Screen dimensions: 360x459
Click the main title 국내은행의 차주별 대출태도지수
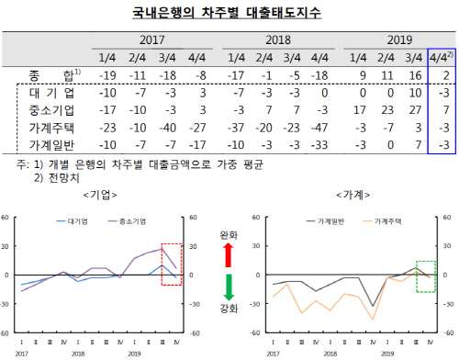click(x=229, y=12)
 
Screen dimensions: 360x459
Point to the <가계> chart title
click(x=353, y=196)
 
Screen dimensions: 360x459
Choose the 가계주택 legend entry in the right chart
click(x=388, y=221)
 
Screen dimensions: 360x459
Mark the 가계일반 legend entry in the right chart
click(x=334, y=221)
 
